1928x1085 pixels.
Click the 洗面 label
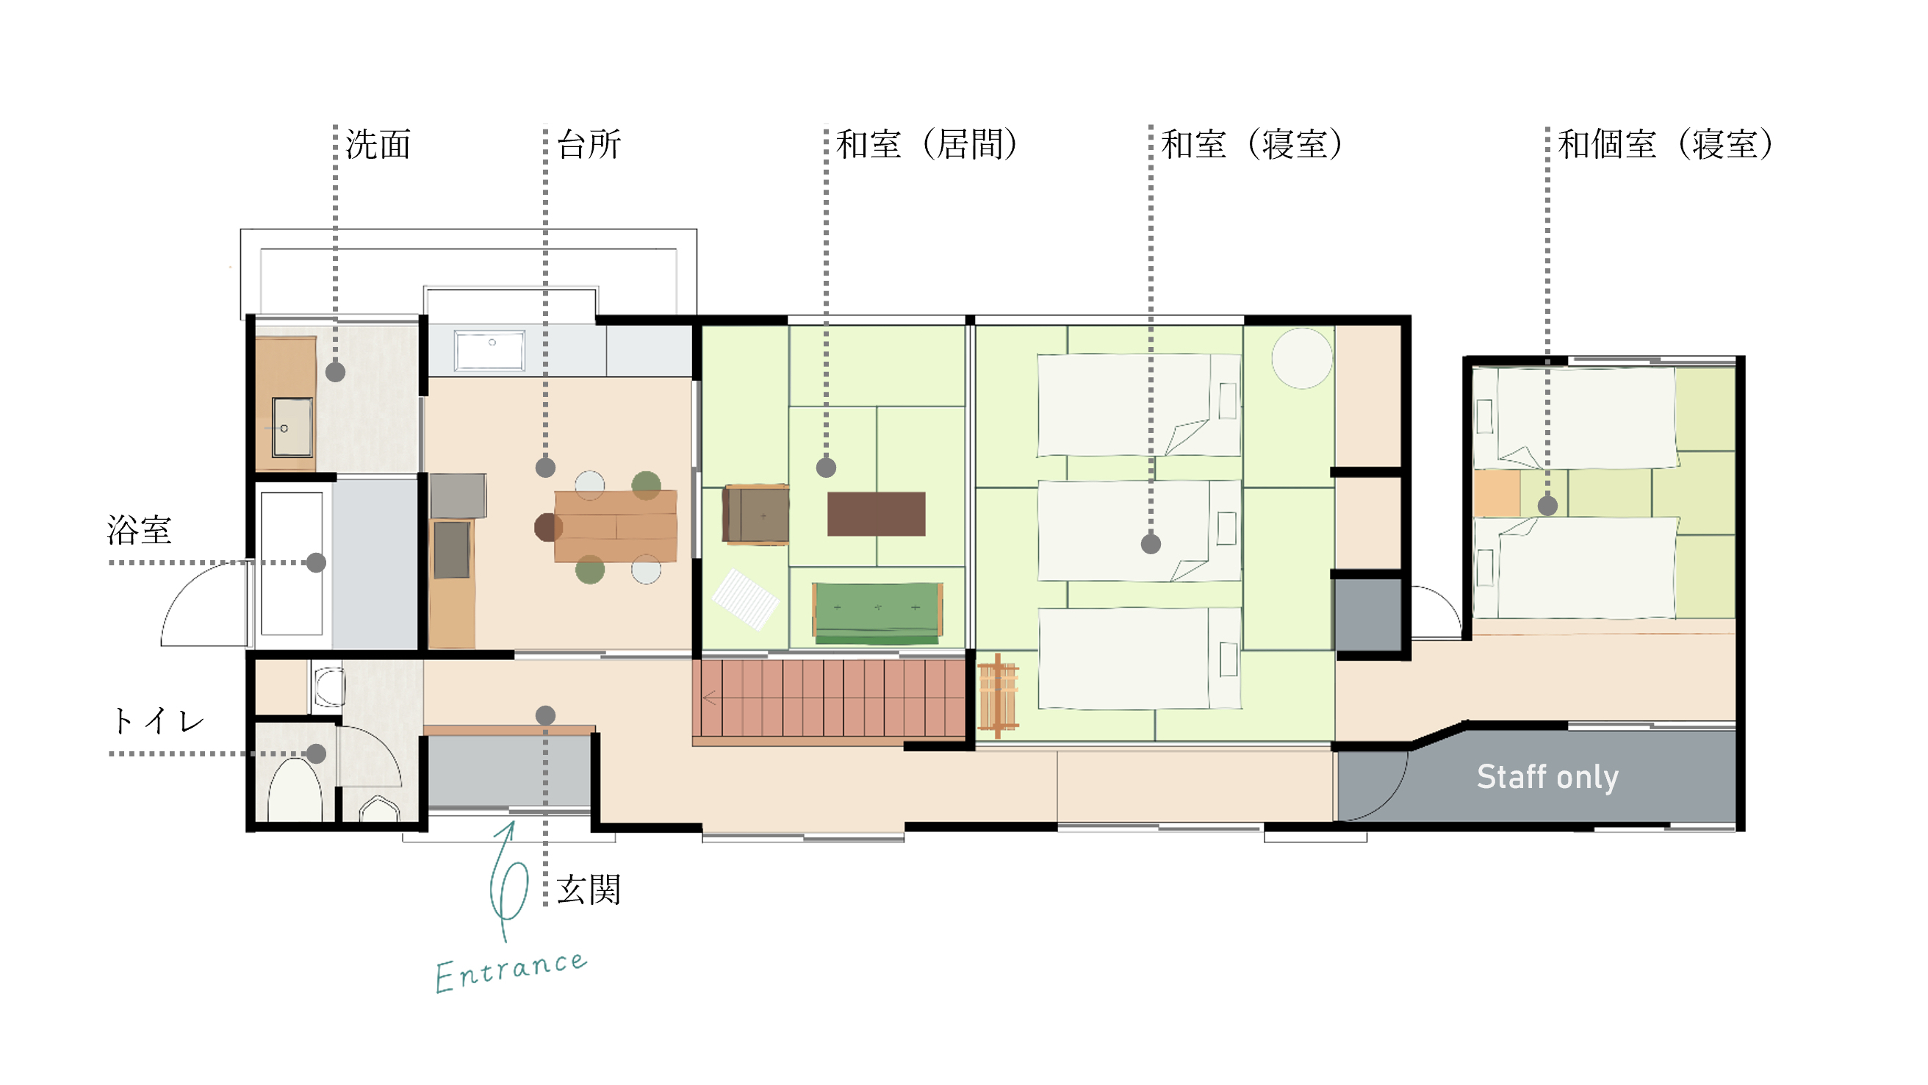378,145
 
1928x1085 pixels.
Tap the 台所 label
589,145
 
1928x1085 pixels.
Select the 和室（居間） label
927,145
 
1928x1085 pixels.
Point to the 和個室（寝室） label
1666,145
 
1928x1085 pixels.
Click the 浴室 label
139,530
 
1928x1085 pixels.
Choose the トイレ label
157,721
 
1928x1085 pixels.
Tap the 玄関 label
589,890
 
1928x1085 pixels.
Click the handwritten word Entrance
512,971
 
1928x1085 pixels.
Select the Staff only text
1547,777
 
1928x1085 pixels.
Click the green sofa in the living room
877,613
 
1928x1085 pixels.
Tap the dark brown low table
876,514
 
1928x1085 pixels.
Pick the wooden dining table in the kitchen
615,526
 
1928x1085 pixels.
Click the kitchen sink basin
490,351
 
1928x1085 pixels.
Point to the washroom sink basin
292,428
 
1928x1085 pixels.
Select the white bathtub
292,563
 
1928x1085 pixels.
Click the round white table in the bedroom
1301,358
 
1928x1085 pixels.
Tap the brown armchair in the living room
755,514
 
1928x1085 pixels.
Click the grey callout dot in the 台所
546,468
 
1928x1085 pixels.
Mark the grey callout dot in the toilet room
316,754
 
